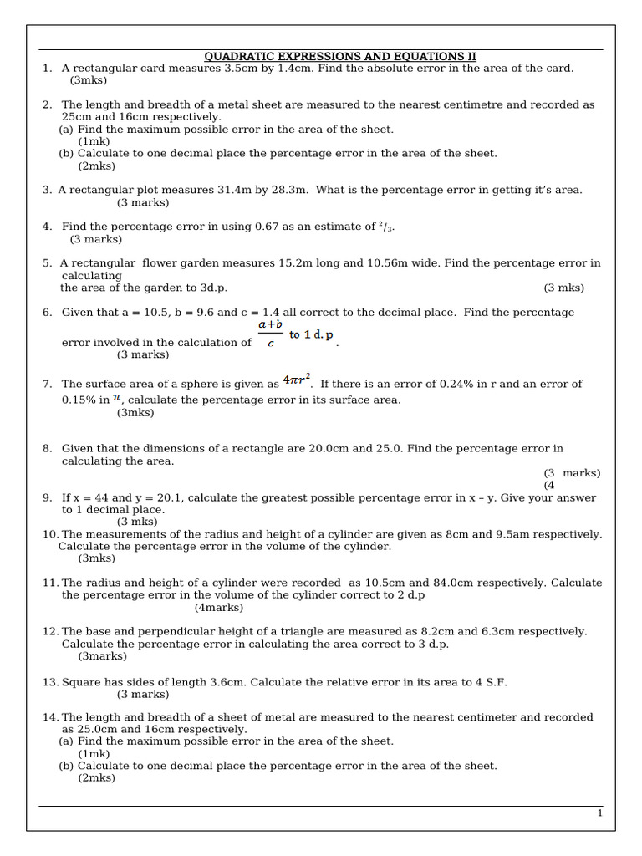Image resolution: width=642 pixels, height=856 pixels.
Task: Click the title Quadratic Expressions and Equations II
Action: tap(340, 56)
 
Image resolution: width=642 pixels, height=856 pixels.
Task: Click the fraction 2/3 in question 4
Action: tap(385, 227)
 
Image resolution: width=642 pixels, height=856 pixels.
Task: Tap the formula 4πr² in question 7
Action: tap(297, 380)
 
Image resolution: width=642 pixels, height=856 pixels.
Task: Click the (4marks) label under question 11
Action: tap(219, 608)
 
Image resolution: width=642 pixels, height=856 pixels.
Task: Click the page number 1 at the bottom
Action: tap(599, 813)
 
